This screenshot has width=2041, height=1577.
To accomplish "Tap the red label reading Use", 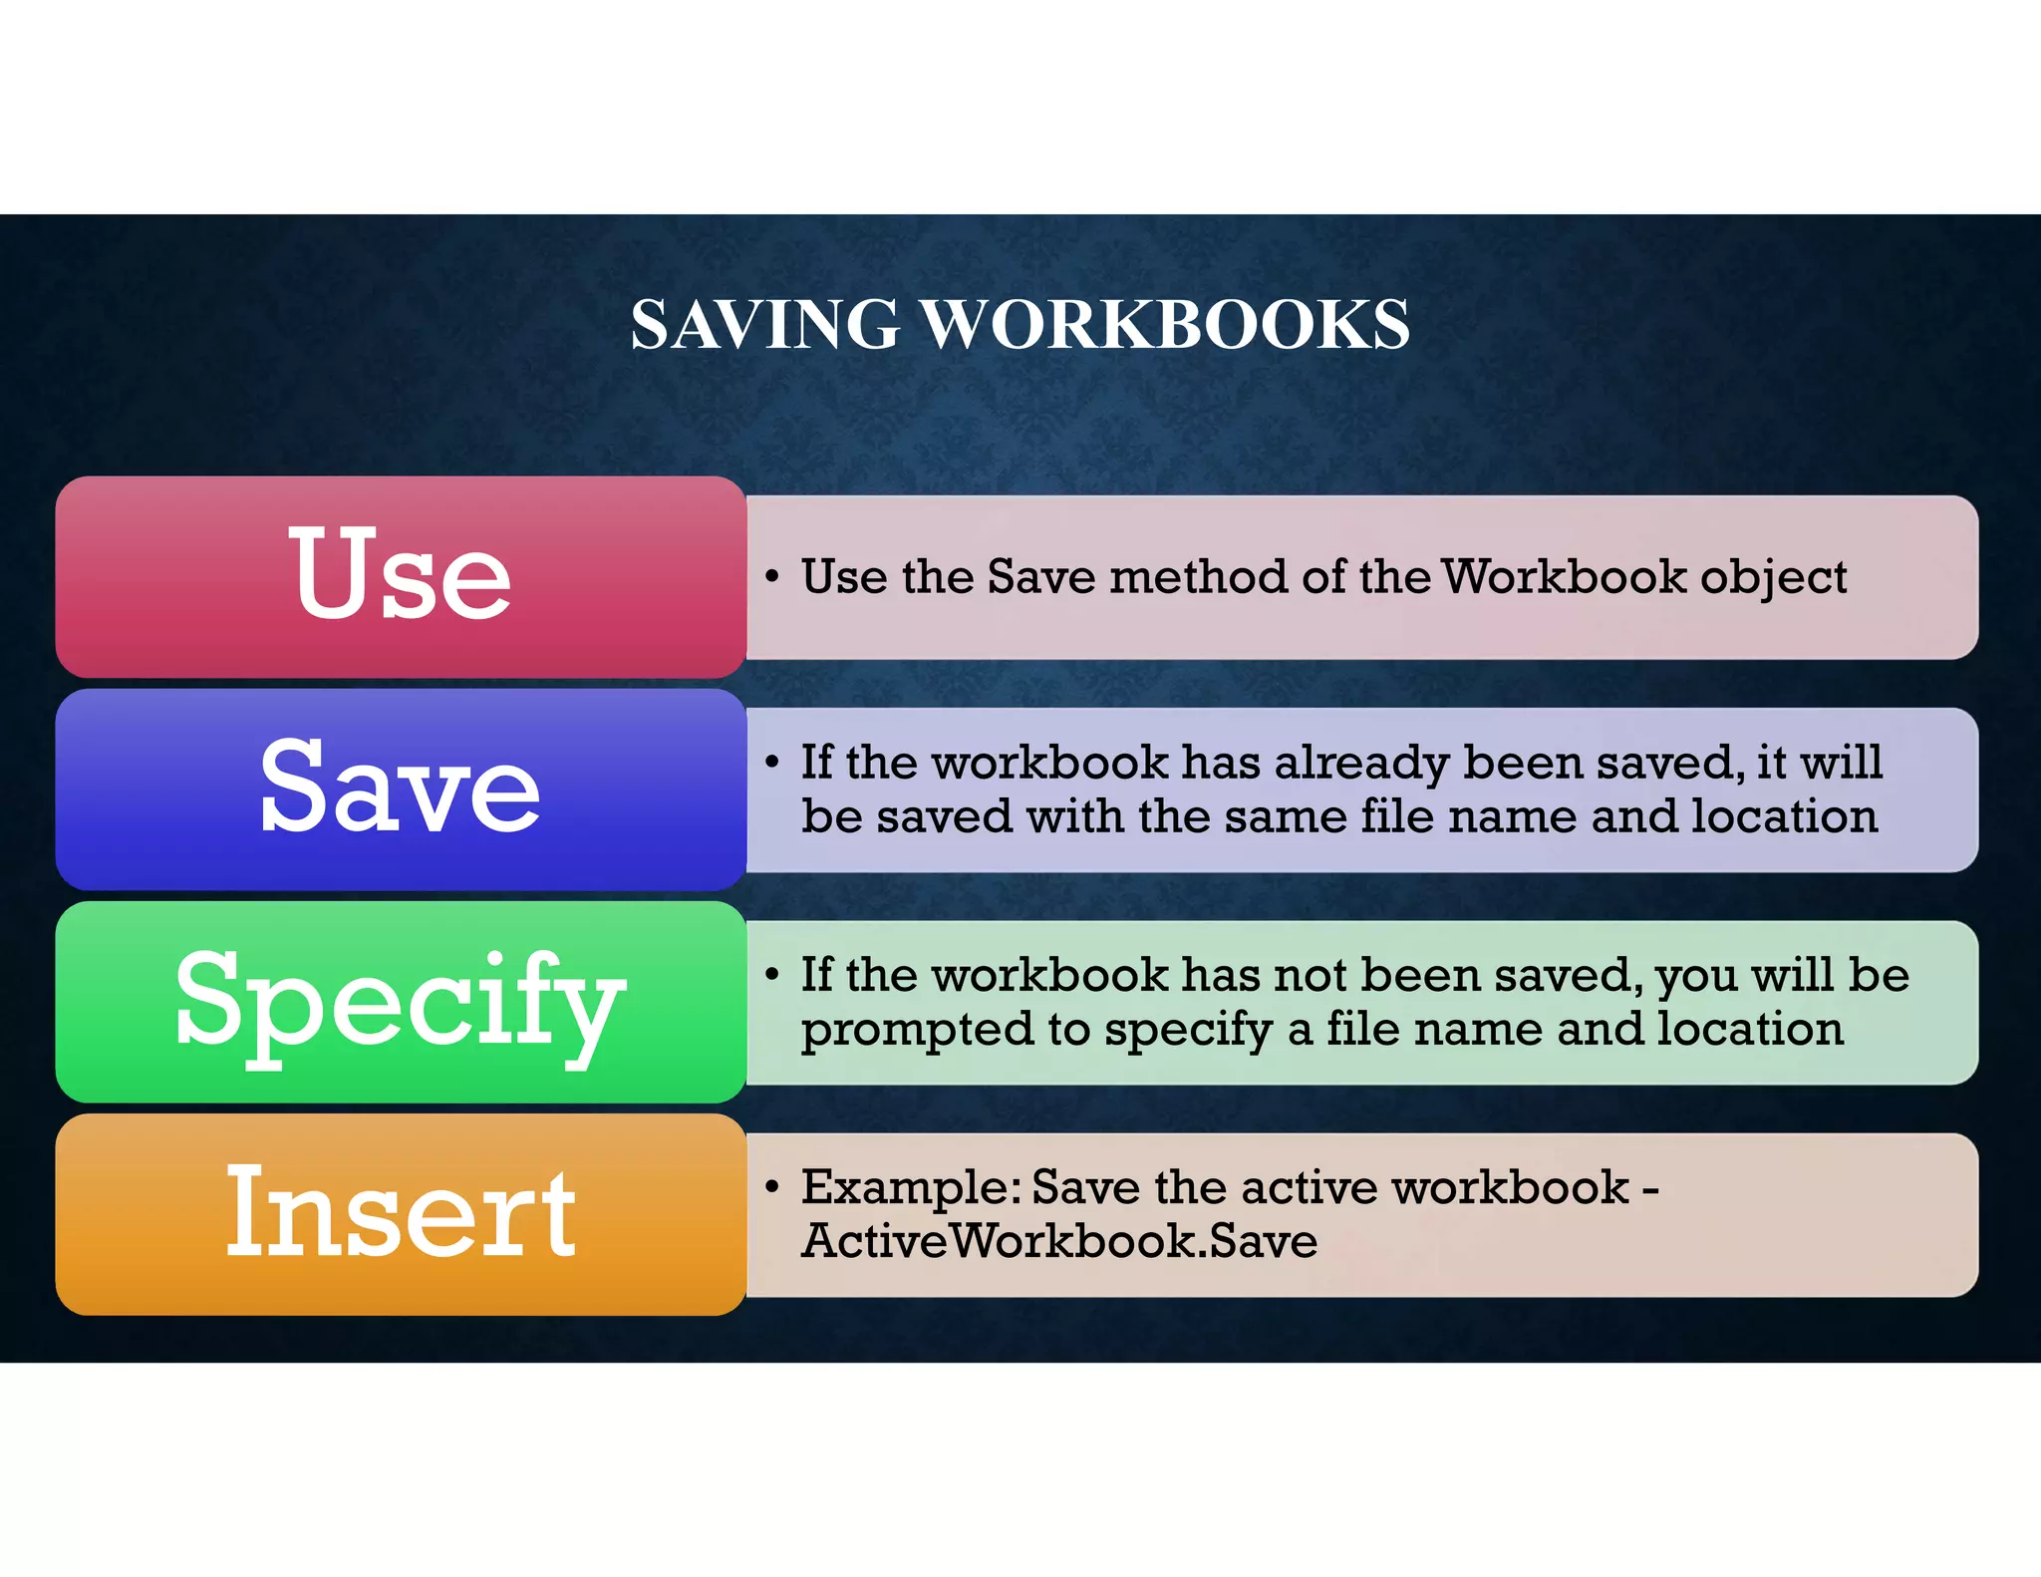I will coord(400,575).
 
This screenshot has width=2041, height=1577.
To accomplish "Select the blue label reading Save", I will coord(400,788).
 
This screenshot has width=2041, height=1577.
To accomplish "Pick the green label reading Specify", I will coord(400,1000).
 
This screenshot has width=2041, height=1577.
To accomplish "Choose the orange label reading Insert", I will coord(400,1212).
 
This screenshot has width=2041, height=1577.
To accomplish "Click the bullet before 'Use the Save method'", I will coord(771,576).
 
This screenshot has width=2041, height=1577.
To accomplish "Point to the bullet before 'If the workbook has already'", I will coord(771,763).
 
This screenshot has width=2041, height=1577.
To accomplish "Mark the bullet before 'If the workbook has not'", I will coord(771,974).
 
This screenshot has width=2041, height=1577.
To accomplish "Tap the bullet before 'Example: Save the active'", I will coord(771,1186).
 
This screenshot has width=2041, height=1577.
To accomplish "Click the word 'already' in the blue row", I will coord(1361,764).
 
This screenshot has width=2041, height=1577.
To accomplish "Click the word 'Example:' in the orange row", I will coord(912,1188).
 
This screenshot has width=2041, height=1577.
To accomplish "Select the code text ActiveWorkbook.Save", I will coord(1059,1242).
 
